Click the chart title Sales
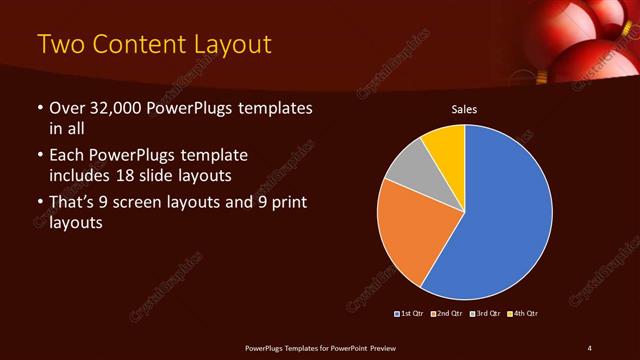coord(465,109)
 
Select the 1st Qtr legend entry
coord(410,314)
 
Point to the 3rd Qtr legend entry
coord(484,314)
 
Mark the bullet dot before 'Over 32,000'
coord(39,108)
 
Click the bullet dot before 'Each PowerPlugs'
coord(39,157)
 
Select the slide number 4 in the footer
coord(589,347)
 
